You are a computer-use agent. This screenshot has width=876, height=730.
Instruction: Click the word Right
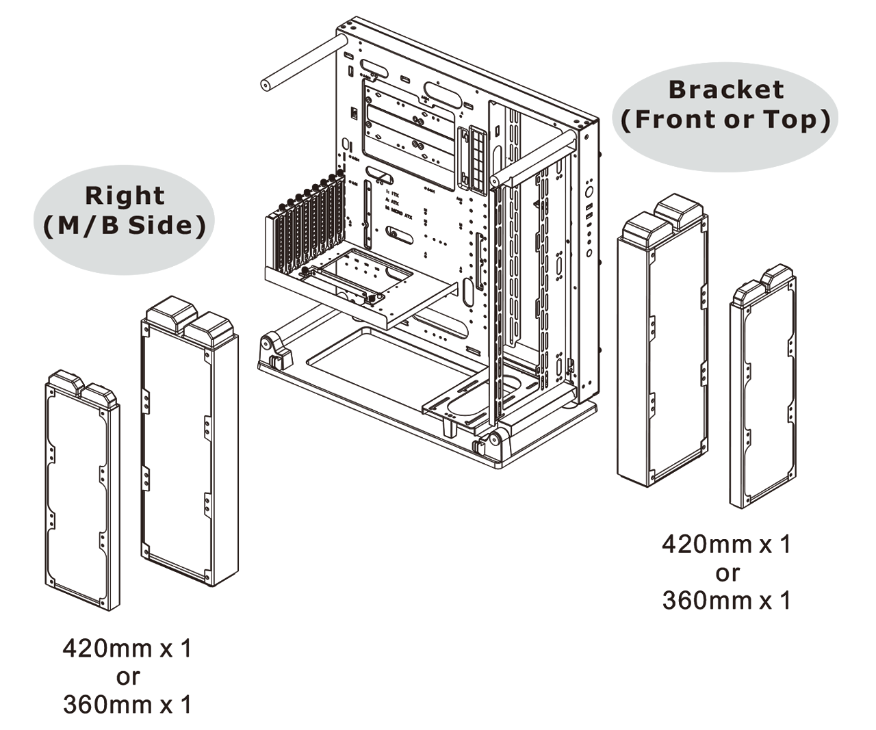click(125, 196)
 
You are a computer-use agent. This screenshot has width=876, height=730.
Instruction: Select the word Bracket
click(725, 90)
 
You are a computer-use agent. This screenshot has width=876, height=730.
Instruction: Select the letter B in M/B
click(109, 226)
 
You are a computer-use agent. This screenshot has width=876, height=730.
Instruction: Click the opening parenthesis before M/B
click(48, 226)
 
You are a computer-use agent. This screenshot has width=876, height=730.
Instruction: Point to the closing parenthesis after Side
click(201, 226)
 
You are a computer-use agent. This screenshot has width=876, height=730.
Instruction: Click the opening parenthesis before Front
click(626, 120)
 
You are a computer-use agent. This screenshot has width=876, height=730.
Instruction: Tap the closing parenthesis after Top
click(825, 120)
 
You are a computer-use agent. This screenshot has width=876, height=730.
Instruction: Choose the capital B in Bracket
click(677, 90)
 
